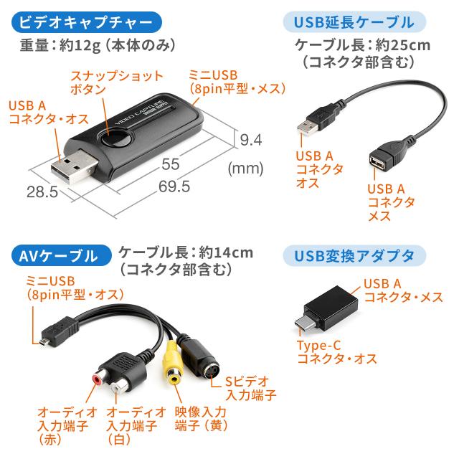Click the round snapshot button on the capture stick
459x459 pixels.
coord(116,138)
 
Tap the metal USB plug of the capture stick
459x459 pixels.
coord(74,166)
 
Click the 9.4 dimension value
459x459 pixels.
coord(251,140)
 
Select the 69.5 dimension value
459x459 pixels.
coord(174,186)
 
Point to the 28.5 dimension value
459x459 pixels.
coord(42,192)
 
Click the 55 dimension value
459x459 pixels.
coord(171,164)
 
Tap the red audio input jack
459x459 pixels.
coord(98,379)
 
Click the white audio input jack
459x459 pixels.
coord(118,388)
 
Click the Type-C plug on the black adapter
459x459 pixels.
coord(303,323)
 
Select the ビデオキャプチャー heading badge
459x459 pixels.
coord(87,22)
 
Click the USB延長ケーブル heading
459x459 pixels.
coord(354,22)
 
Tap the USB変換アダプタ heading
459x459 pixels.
coord(354,255)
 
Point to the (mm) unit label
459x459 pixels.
coord(245,169)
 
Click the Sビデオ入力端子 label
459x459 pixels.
coord(251,388)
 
